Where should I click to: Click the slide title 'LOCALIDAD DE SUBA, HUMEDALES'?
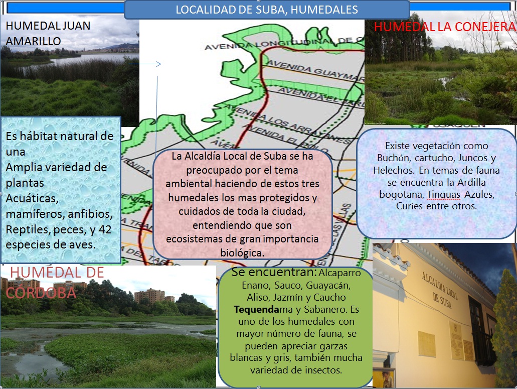266,10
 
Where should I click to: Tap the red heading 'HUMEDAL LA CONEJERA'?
445,27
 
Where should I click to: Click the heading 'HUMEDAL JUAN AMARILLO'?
48,33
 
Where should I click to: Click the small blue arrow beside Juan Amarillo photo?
145,64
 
